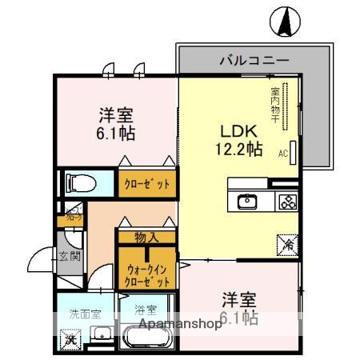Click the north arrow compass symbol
pos(284,21)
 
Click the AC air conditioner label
pos(282,151)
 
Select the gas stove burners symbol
pos(286,202)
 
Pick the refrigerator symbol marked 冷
pos(286,244)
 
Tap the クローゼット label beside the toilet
pos(147,183)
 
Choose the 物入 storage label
pos(146,236)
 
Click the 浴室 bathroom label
pos(145,309)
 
